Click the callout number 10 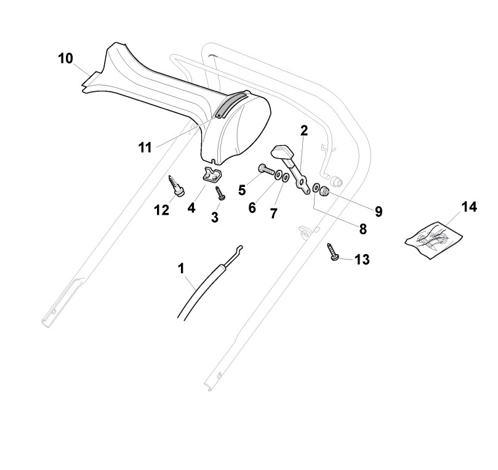click(66, 58)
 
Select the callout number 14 click(469, 207)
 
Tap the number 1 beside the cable click(181, 268)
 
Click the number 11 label click(145, 147)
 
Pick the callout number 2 click(303, 130)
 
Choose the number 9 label click(379, 212)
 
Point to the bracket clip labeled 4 click(211, 175)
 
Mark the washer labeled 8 click(316, 188)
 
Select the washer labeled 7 click(287, 178)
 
